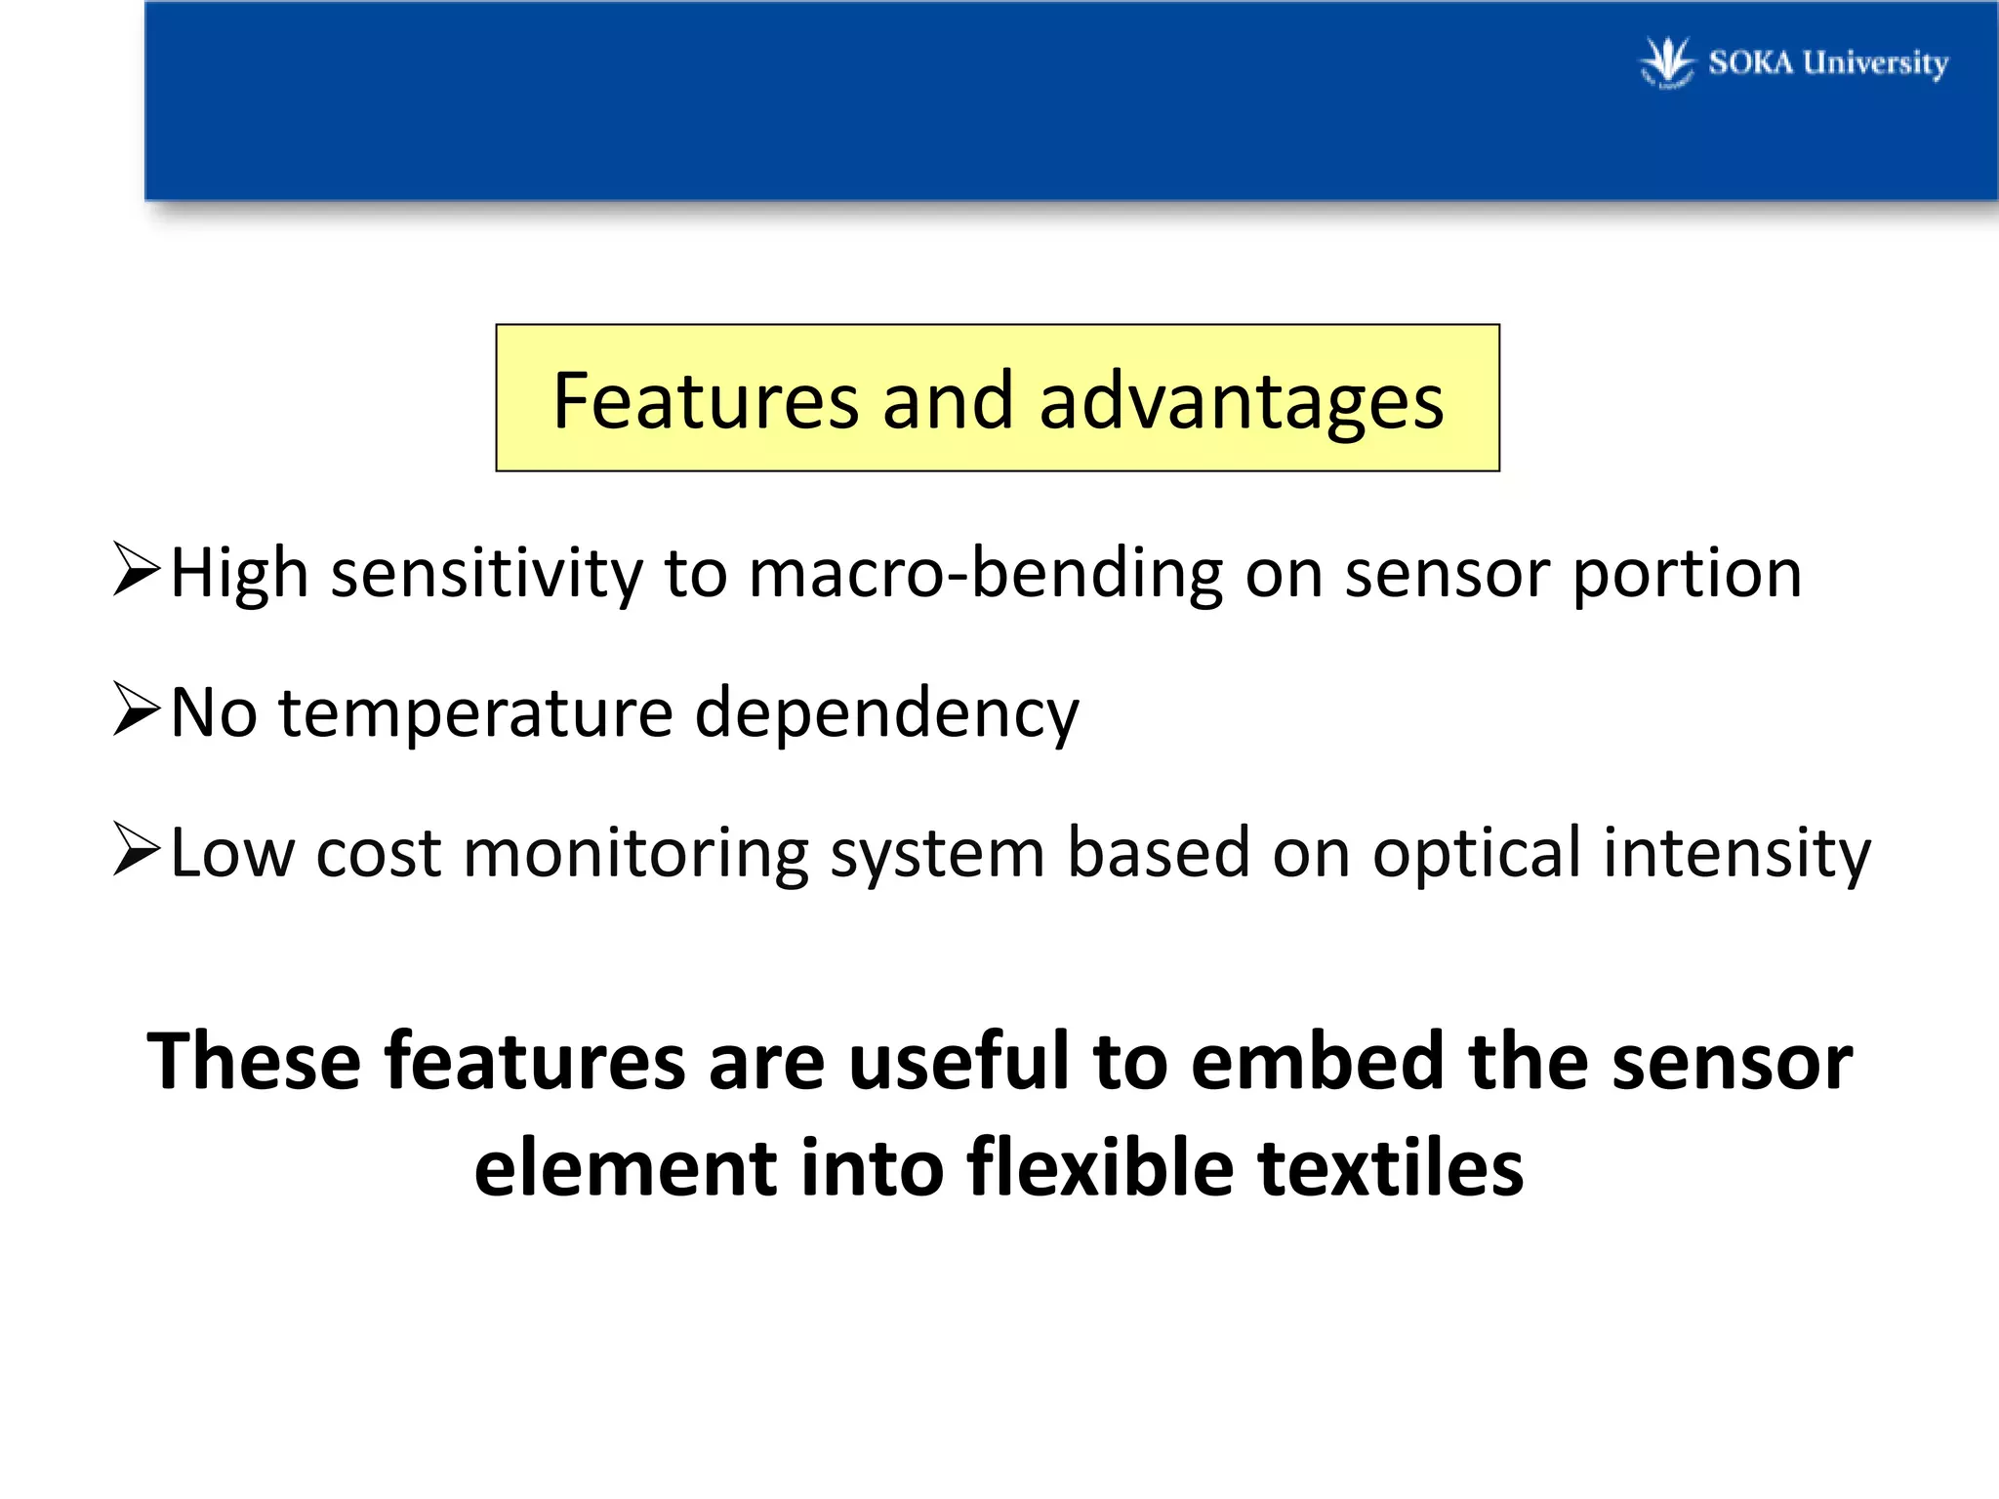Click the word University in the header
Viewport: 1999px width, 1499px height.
tap(1875, 63)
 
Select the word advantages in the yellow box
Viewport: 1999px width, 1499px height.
tap(1241, 403)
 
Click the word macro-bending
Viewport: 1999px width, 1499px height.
tap(986, 573)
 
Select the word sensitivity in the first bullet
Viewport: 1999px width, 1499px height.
tap(487, 574)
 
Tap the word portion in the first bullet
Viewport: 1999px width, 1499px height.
tap(1687, 575)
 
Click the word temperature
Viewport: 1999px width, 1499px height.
tap(476, 713)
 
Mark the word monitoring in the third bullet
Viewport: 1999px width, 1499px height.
tap(635, 853)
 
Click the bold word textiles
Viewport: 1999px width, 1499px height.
tap(1390, 1167)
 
